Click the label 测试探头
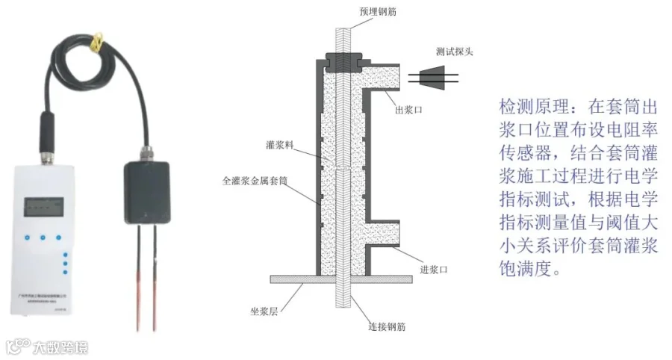coord(454,52)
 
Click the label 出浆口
coord(409,110)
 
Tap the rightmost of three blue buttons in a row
coord(66,239)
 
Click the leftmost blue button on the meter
coord(25,239)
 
